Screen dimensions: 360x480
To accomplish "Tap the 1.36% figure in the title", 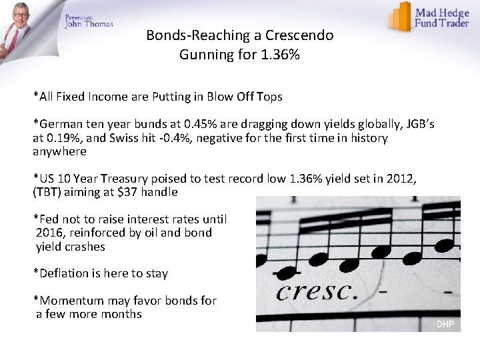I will [279, 55].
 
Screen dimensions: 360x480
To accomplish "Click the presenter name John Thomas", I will [89, 24].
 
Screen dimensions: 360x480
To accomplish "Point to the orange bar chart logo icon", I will [400, 17].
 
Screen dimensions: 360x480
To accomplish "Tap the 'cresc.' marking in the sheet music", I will [317, 291].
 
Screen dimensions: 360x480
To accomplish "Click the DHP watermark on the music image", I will [445, 324].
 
